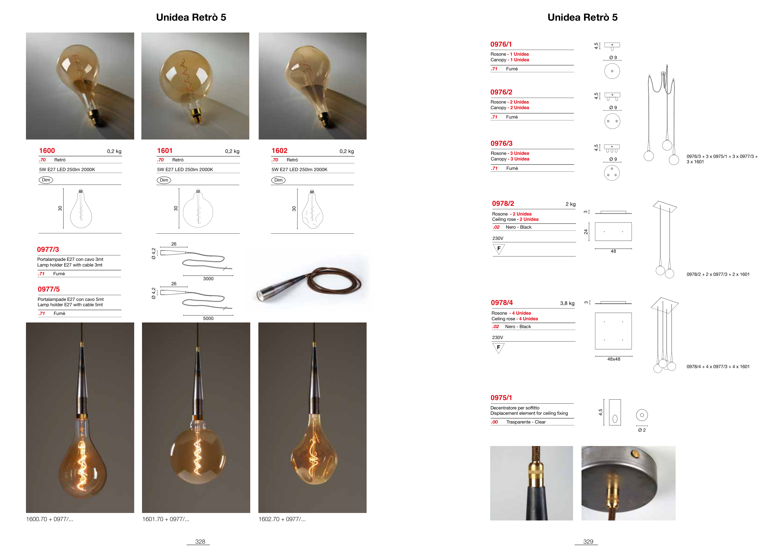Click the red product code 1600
point(47,150)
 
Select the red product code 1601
point(165,150)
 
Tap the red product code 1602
point(279,150)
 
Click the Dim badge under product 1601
point(164,180)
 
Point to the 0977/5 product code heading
point(49,289)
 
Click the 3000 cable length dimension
point(208,279)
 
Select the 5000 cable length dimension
point(208,318)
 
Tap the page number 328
point(200,541)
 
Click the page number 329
point(588,541)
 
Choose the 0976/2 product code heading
point(501,92)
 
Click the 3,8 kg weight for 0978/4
point(567,303)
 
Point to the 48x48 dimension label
point(614,359)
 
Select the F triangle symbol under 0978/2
point(499,249)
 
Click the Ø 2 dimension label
point(642,430)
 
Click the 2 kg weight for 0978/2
point(571,204)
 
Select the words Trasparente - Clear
point(526,422)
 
